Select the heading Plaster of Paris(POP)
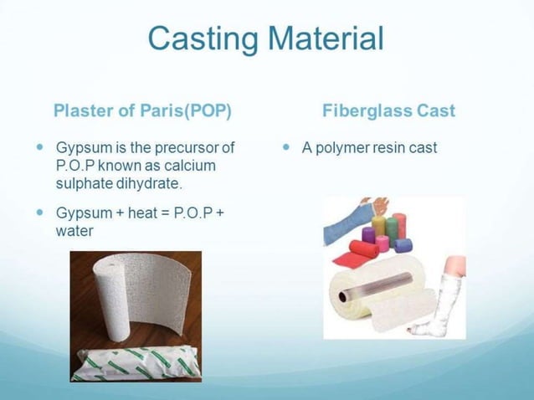(141, 110)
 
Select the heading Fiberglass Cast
(388, 110)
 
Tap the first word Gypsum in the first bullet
(83, 148)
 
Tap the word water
(74, 229)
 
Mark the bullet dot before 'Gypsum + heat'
(40, 212)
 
